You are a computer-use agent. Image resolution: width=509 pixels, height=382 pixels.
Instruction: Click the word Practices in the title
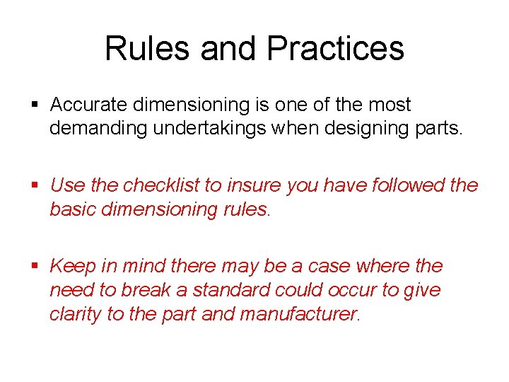point(336,49)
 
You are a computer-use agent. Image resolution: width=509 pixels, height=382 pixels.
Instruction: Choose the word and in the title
point(229,49)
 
